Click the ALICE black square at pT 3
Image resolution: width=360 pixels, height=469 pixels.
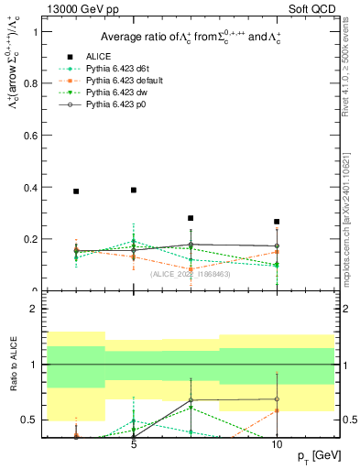click(x=76, y=191)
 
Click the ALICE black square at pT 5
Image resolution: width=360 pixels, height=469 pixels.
click(x=134, y=190)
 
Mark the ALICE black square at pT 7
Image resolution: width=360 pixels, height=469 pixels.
click(x=191, y=218)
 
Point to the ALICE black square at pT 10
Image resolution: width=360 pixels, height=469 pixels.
click(x=277, y=222)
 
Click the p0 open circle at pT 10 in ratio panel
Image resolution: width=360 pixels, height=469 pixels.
click(x=277, y=398)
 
